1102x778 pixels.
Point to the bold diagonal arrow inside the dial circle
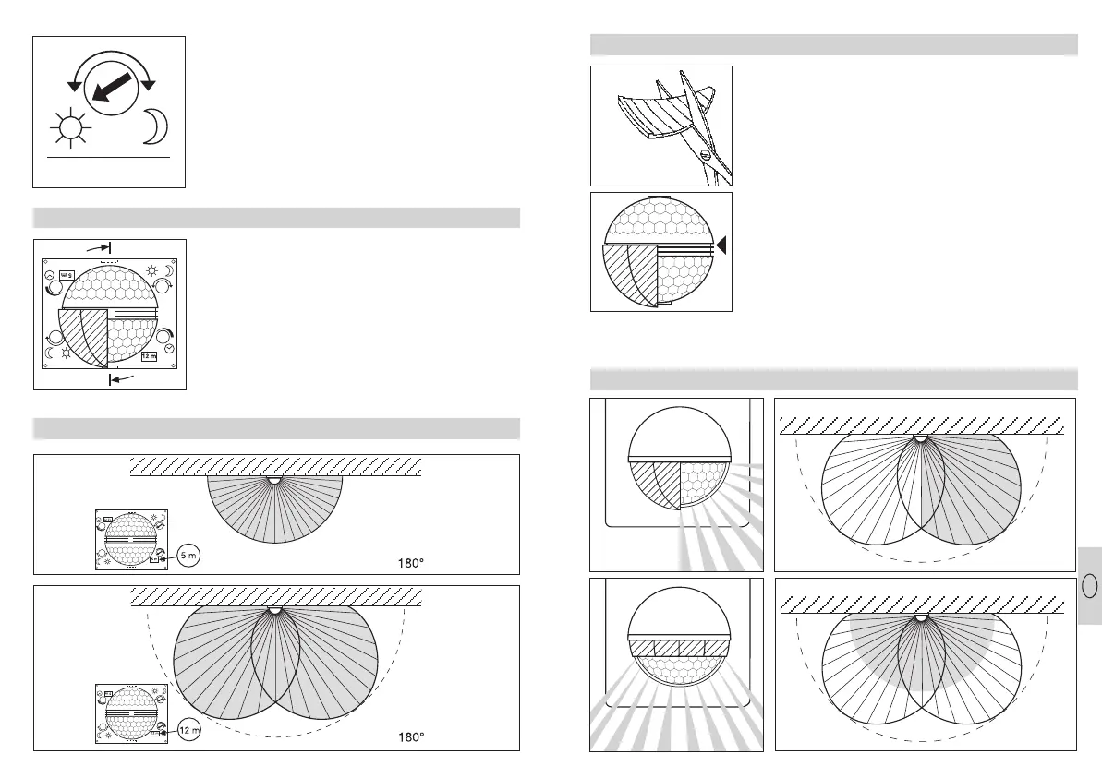click(110, 90)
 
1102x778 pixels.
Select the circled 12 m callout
click(188, 730)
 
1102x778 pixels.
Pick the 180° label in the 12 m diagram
click(410, 737)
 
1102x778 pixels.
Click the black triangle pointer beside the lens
click(723, 245)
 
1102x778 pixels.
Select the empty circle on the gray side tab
click(1089, 586)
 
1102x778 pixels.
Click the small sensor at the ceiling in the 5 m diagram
click(273, 480)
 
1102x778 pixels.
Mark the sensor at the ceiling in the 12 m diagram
click(273, 611)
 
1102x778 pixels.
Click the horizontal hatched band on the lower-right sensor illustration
click(679, 647)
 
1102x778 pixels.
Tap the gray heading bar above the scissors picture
click(833, 45)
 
